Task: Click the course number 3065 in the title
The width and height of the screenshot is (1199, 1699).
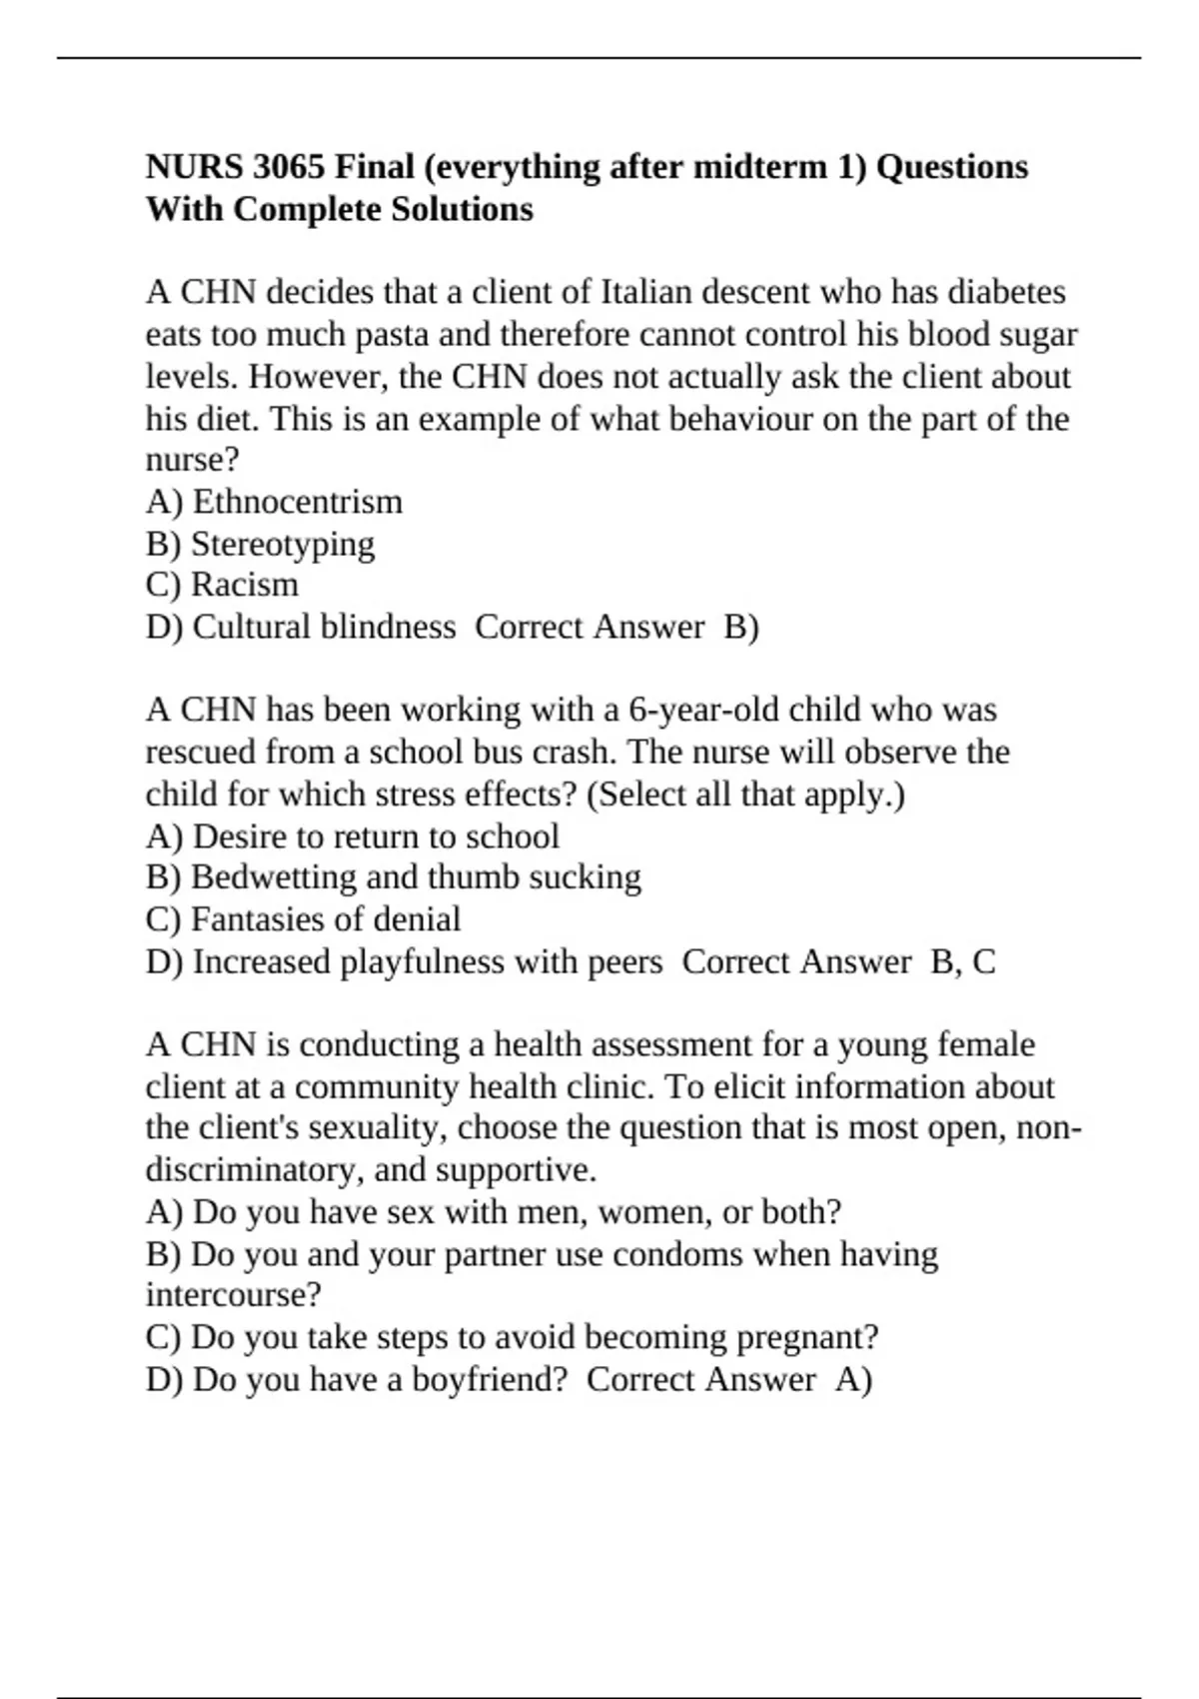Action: coord(289,166)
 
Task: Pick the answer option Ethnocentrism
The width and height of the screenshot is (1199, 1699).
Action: coord(297,501)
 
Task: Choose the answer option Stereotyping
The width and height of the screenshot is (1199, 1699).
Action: coord(283,544)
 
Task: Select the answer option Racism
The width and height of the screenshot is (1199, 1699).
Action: coord(245,585)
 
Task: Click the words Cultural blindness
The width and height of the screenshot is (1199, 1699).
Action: coord(324,627)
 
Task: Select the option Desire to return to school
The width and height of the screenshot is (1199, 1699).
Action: coord(376,836)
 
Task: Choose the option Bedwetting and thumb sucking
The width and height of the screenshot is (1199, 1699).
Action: coord(416,876)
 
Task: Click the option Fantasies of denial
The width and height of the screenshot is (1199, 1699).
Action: coord(326,918)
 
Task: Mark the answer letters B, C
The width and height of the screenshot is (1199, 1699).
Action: coord(963,961)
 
